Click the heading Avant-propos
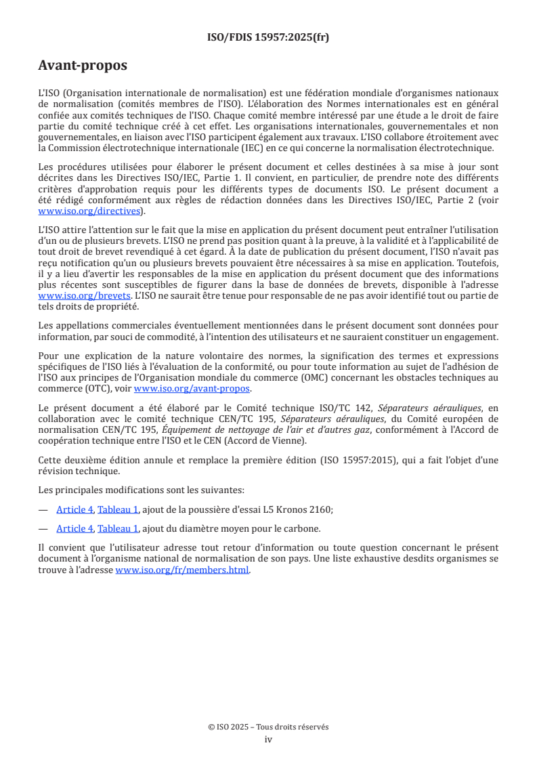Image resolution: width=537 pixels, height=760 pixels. [x=83, y=66]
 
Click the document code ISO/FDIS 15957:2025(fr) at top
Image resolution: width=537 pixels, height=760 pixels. [x=268, y=37]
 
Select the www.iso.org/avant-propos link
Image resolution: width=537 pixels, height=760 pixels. [x=192, y=388]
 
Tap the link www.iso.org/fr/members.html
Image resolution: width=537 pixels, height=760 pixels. [x=183, y=570]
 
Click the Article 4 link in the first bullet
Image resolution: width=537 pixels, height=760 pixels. [x=74, y=509]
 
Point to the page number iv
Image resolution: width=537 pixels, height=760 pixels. [x=268, y=739]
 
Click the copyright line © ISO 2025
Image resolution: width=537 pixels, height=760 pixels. [x=268, y=727]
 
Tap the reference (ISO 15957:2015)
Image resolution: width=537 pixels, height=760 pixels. [x=382, y=460]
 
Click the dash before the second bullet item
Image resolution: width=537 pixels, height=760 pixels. [x=43, y=528]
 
